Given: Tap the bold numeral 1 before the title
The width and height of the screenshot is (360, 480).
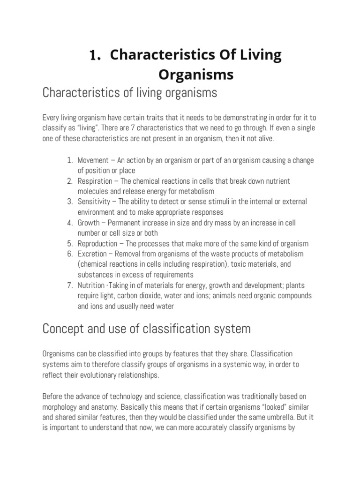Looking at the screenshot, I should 95,56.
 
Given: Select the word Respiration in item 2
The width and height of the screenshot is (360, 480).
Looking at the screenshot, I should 95,181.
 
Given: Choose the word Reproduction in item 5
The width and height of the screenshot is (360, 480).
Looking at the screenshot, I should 97,243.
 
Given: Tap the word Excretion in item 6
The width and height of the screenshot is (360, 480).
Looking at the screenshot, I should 92,254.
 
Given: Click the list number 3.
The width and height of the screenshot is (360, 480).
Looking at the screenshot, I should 69,202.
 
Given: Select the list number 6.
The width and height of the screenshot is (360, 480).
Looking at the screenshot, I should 69,254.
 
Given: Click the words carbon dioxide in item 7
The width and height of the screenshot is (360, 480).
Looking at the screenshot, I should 135,296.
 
